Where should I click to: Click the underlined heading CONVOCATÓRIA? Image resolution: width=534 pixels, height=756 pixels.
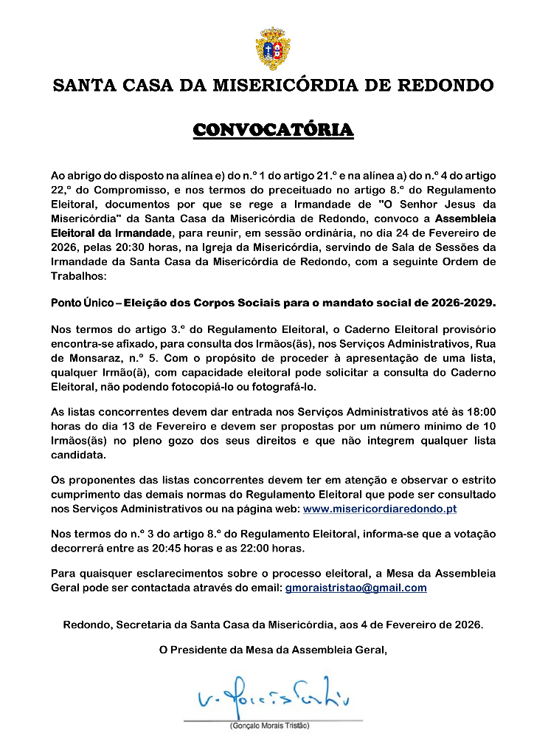[x=273, y=131]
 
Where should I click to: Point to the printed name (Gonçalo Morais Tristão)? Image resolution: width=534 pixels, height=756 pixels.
[x=268, y=726]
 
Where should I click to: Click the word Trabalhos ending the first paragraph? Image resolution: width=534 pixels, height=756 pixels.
[x=78, y=275]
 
